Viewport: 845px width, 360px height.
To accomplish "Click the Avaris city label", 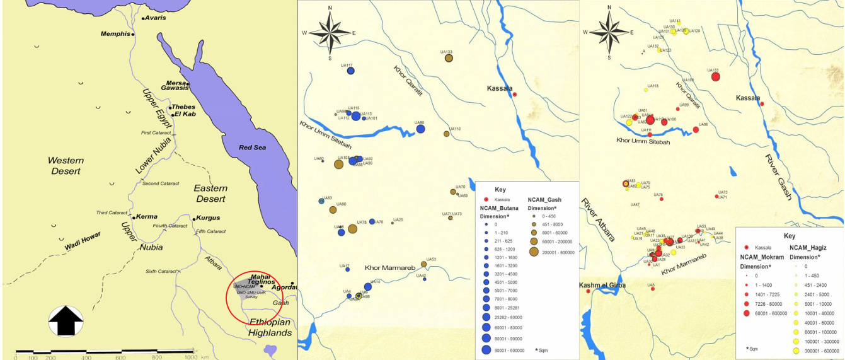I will pyautogui.click(x=156, y=18).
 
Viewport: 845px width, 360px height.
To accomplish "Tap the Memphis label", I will pyautogui.click(x=115, y=33).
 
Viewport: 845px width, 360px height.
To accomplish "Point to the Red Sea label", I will pyautogui.click(x=254, y=148).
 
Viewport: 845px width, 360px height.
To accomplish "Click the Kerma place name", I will pyautogui.click(x=147, y=217).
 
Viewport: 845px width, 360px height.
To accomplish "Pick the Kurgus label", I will pyautogui.click(x=208, y=218).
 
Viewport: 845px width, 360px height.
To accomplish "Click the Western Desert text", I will pyautogui.click(x=66, y=166).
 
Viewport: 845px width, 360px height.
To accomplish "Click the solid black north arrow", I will pyautogui.click(x=66, y=322).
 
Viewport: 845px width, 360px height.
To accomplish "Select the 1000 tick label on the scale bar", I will pyautogui.click(x=191, y=357).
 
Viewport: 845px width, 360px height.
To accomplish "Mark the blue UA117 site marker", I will pyautogui.click(x=351, y=71).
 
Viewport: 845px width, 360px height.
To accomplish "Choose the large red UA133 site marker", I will pyautogui.click(x=715, y=77).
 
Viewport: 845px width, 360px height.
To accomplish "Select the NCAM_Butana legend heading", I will pyautogui.click(x=499, y=207).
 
